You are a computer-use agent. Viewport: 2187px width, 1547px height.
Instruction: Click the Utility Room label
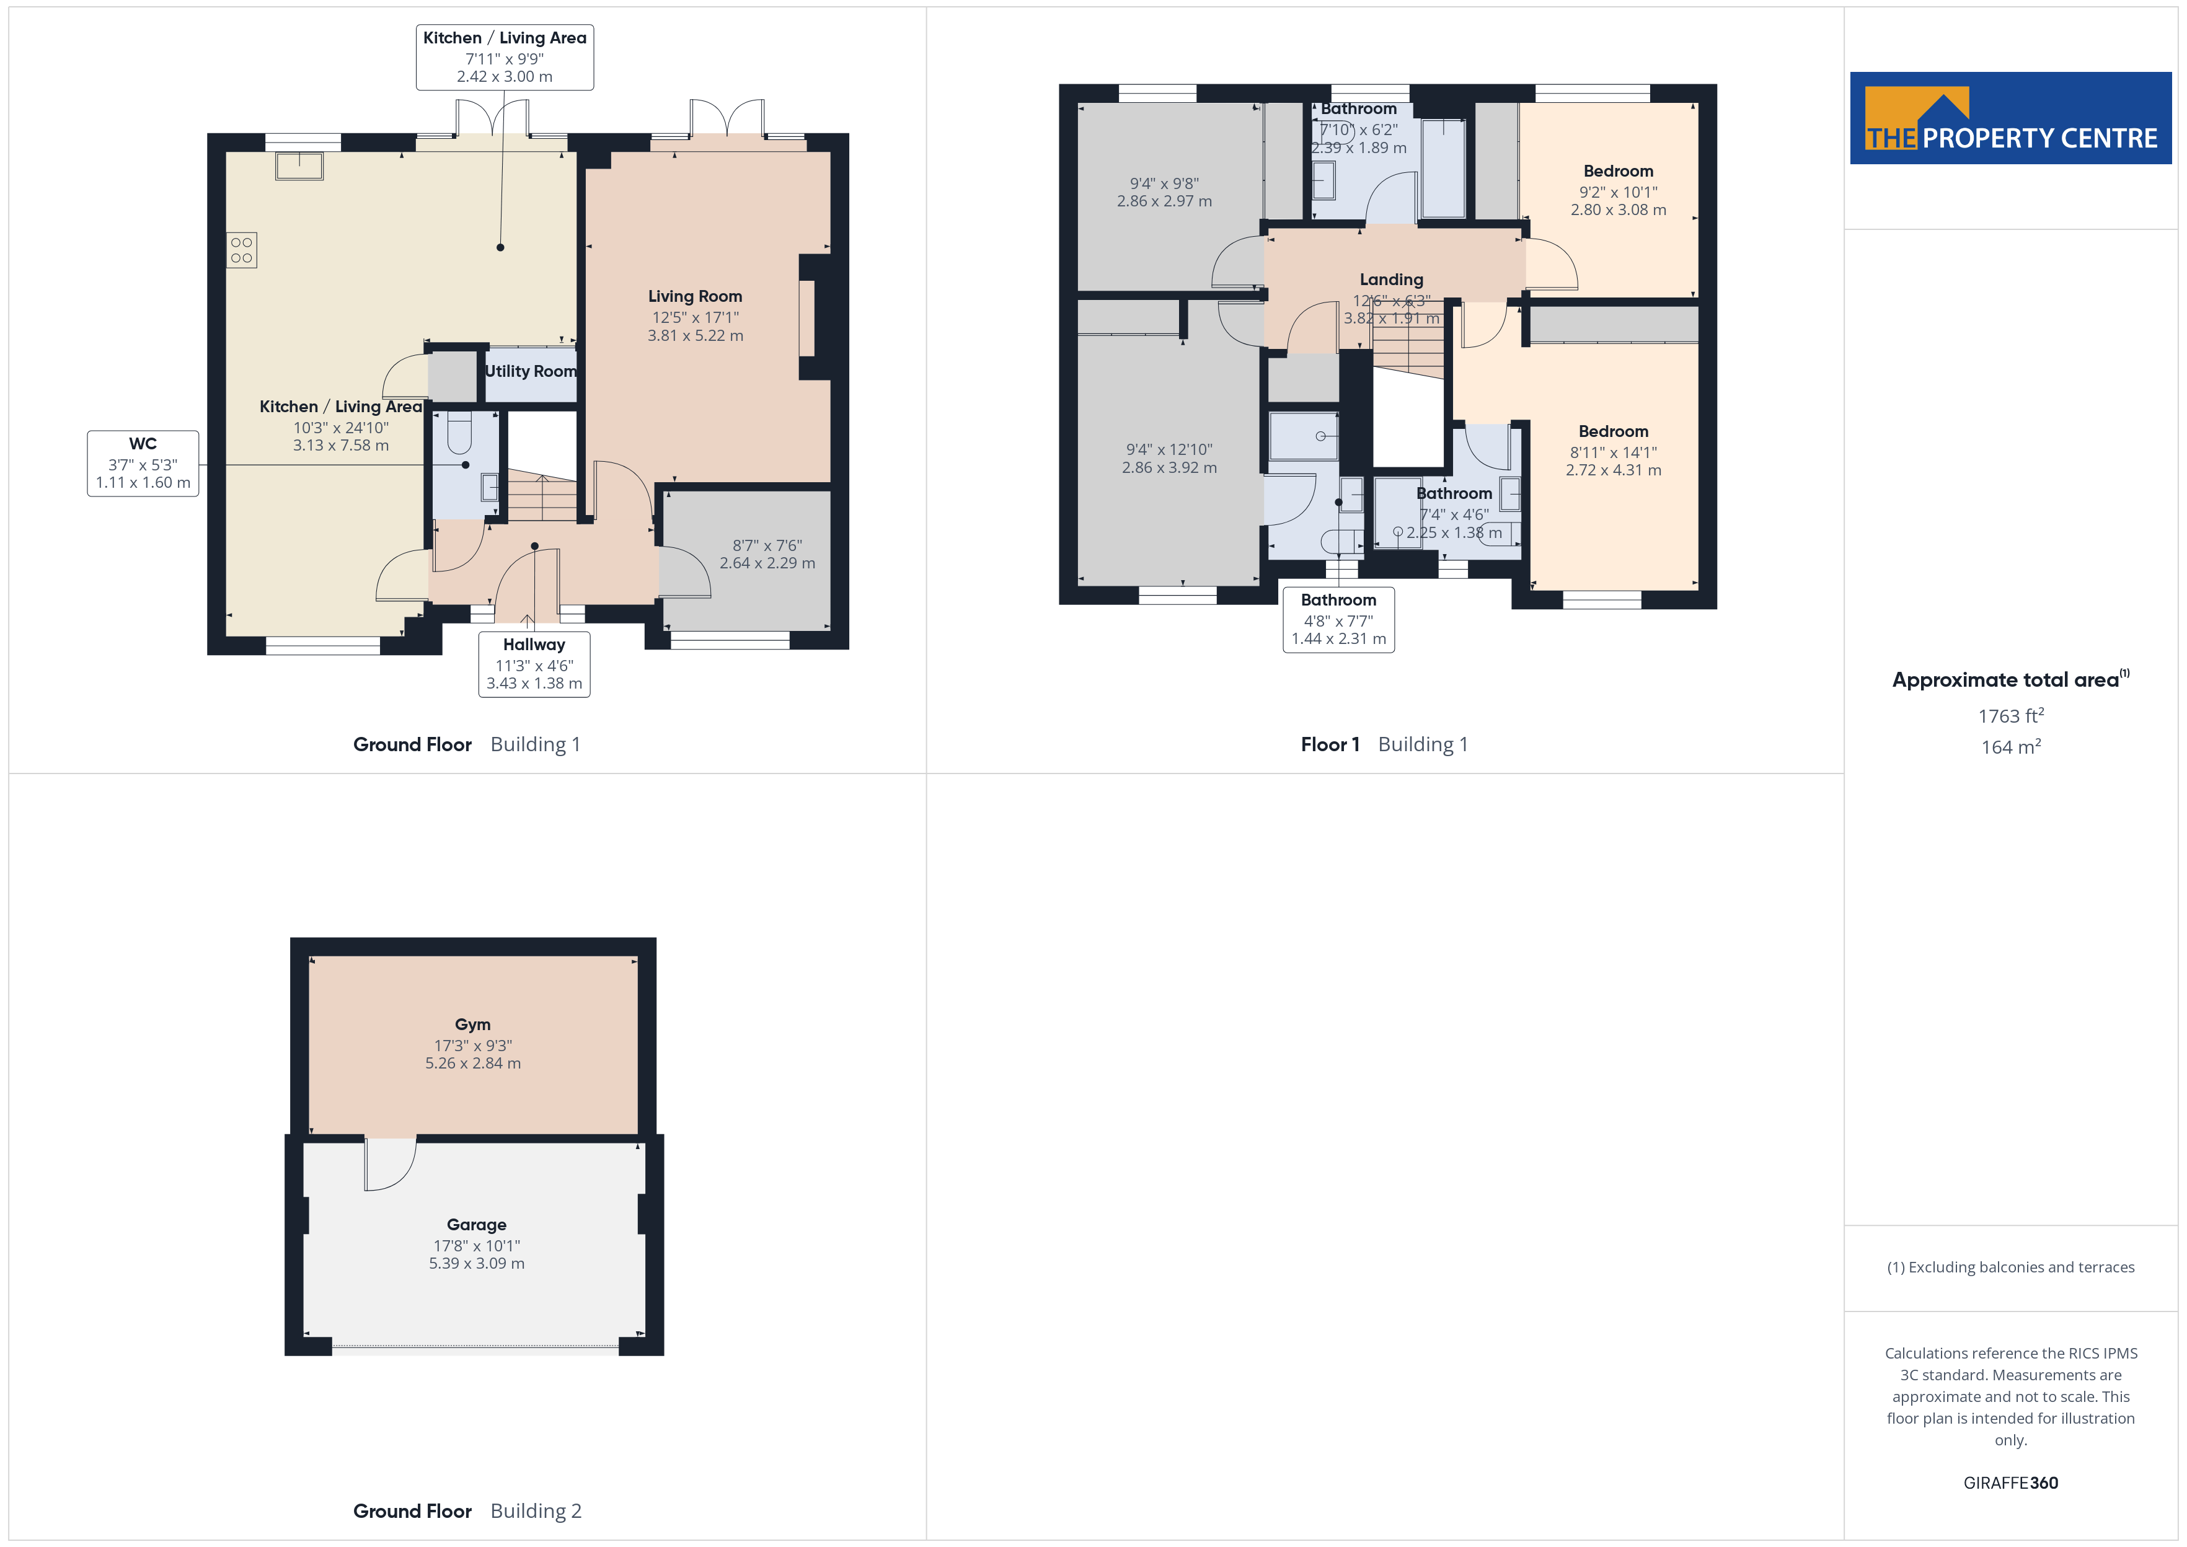[531, 371]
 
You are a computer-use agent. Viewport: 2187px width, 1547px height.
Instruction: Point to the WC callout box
[143, 463]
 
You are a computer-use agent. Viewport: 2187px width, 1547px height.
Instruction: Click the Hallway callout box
[534, 664]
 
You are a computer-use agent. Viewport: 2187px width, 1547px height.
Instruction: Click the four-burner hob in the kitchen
[242, 250]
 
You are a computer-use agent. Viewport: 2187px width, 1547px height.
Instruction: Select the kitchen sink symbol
[299, 165]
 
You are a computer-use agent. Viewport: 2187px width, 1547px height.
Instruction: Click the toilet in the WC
[459, 433]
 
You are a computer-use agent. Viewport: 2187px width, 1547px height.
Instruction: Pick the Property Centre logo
[2011, 118]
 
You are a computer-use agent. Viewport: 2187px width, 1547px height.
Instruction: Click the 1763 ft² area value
[2011, 715]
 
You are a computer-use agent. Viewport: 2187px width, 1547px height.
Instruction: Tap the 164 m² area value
[2011, 747]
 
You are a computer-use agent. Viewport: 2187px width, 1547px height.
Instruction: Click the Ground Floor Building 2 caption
[467, 1511]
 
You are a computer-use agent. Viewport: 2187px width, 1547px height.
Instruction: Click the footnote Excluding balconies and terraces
[2011, 1267]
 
